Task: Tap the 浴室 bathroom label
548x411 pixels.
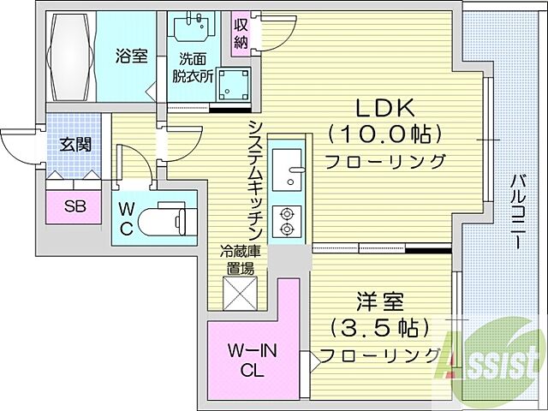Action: pos(132,57)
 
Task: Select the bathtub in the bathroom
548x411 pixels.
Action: pos(70,57)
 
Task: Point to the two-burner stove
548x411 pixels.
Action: pos(285,220)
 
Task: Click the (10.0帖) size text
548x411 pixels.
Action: pos(384,134)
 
